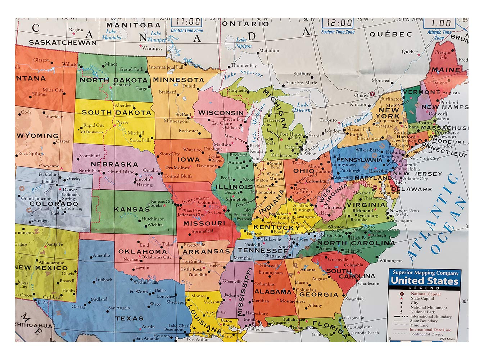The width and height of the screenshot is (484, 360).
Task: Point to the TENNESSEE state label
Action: pyautogui.click(x=263, y=250)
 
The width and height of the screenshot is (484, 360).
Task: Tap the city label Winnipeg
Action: pyautogui.click(x=153, y=48)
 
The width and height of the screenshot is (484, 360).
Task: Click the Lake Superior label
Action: pyautogui.click(x=244, y=74)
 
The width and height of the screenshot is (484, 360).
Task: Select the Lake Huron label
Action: pyautogui.click(x=303, y=107)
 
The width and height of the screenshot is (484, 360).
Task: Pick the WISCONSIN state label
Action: pyautogui.click(x=221, y=113)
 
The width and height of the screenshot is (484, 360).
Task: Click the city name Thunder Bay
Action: pyautogui.click(x=244, y=65)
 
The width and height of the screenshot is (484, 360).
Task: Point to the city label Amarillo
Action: pyautogui.click(x=101, y=255)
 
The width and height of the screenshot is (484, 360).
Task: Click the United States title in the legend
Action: pyautogui.click(x=425, y=280)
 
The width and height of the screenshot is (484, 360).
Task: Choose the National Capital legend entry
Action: pyautogui.click(x=425, y=294)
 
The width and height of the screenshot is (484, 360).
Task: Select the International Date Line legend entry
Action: pyautogui.click(x=430, y=329)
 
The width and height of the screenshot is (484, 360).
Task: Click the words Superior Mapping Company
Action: pyautogui.click(x=425, y=273)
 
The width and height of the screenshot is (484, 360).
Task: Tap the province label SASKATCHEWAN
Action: pyautogui.click(x=63, y=42)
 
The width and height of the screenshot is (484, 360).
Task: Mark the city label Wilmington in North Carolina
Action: pyautogui.click(x=391, y=260)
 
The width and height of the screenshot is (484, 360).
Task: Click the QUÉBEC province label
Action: pyautogui.click(x=390, y=34)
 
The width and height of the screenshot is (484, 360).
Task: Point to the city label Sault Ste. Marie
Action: pyautogui.click(x=301, y=82)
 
